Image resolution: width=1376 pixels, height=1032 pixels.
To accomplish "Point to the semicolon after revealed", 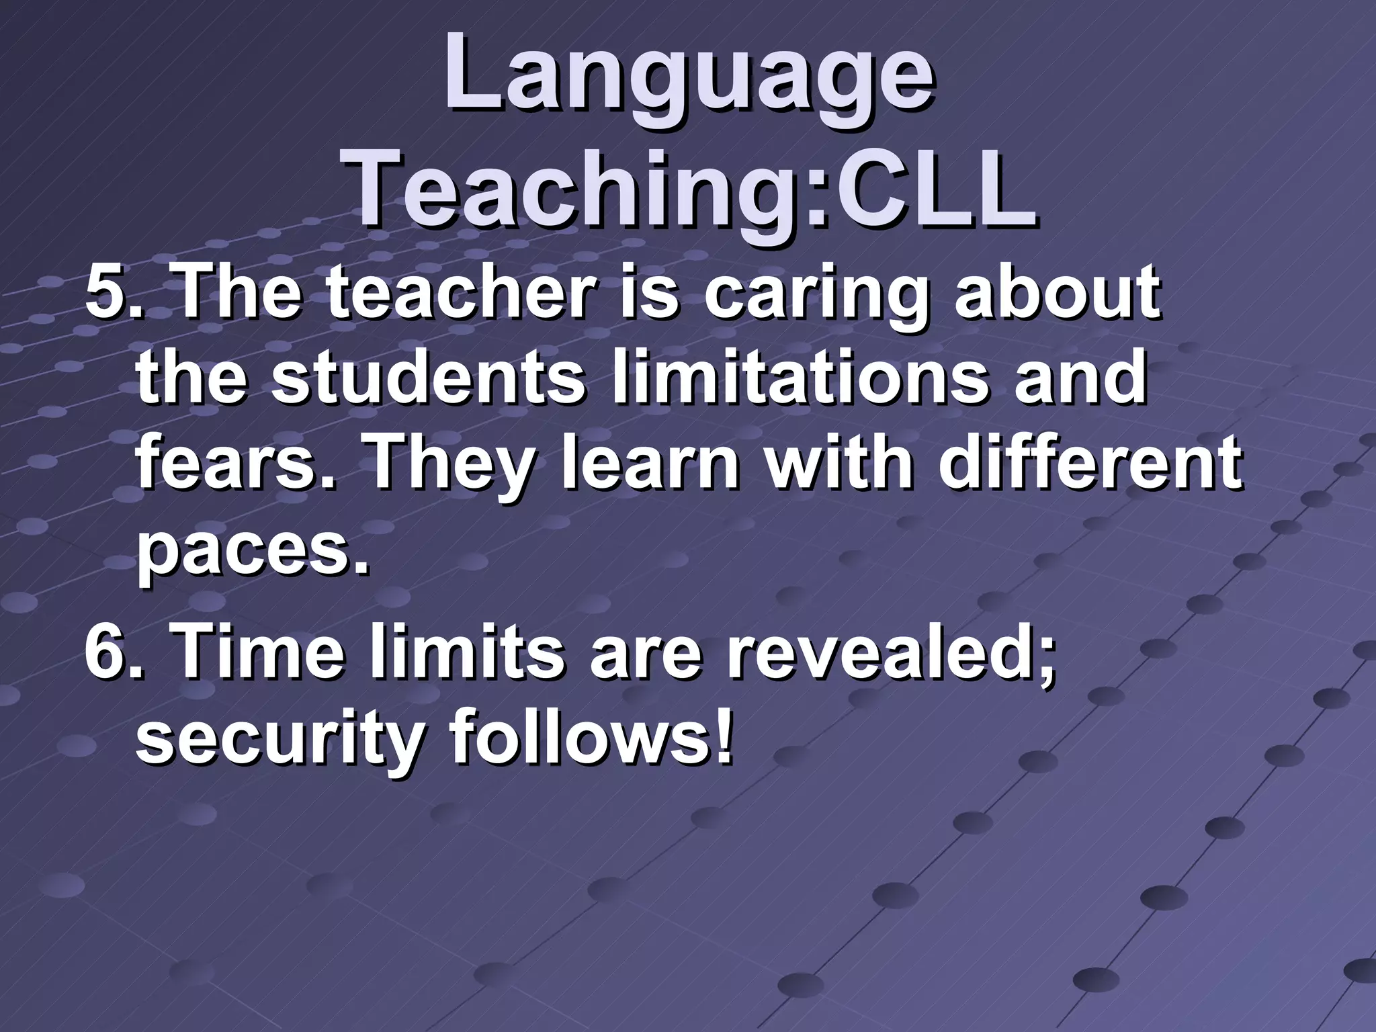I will pos(1043,662).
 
